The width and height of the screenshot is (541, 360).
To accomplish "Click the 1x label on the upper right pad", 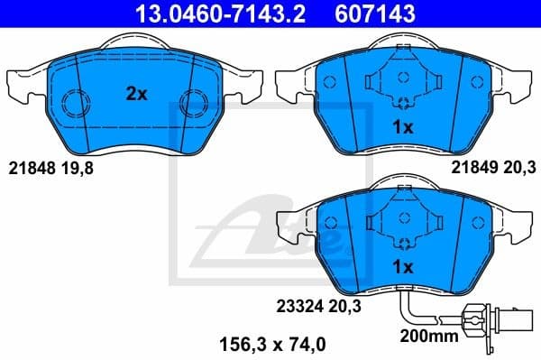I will pos(403,127).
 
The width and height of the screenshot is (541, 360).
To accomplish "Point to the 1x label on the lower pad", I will pos(403,267).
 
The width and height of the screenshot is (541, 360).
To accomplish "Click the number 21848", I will pos(29,167).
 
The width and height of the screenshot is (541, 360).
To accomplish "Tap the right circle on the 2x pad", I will pos(191,105).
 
